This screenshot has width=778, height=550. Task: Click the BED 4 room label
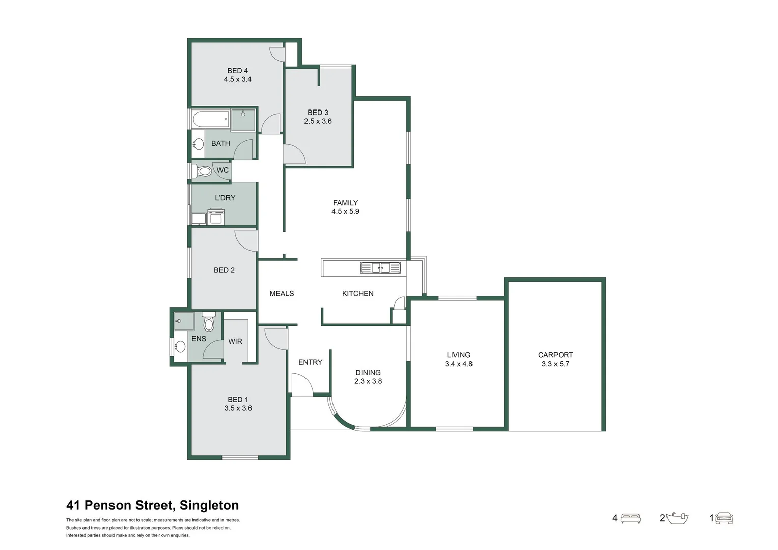[237, 71]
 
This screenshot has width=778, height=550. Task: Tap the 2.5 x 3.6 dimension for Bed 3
[318, 121]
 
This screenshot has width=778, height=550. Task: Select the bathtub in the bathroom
[211, 120]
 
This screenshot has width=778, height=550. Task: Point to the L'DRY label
[225, 198]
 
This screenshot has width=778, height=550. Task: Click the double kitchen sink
[380, 268]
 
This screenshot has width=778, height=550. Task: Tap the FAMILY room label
[345, 203]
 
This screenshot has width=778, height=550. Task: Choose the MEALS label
[282, 294]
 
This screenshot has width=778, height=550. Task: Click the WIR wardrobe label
[235, 341]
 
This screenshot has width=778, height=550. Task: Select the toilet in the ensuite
[209, 322]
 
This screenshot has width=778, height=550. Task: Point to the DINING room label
[368, 373]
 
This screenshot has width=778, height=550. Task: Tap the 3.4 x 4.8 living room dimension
[458, 364]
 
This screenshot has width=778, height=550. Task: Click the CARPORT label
[555, 355]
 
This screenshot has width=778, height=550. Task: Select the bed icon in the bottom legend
[630, 518]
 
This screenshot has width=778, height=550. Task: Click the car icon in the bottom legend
[724, 518]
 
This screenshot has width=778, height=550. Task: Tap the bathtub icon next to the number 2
[677, 518]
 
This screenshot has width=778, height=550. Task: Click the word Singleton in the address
[209, 505]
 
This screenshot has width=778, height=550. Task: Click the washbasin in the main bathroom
[199, 144]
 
